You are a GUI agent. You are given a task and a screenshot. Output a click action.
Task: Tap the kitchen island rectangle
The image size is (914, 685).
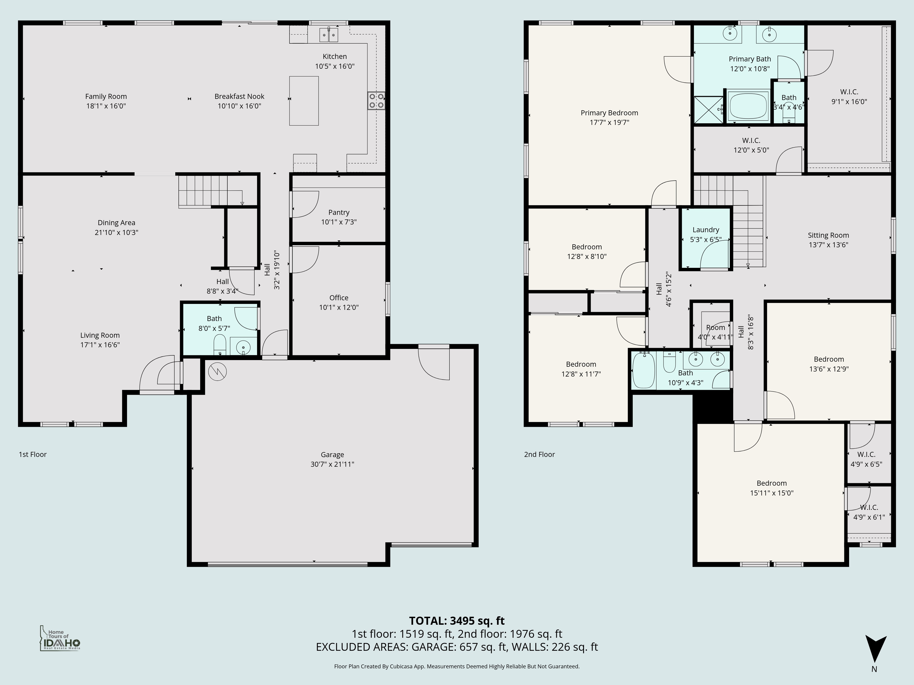coord(304,101)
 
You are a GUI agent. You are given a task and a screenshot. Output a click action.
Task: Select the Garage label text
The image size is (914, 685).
coord(332,455)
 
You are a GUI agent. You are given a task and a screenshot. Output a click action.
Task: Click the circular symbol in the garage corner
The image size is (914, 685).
coord(217,371)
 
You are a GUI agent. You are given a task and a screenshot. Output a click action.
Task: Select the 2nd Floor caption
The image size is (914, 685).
coord(539,455)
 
